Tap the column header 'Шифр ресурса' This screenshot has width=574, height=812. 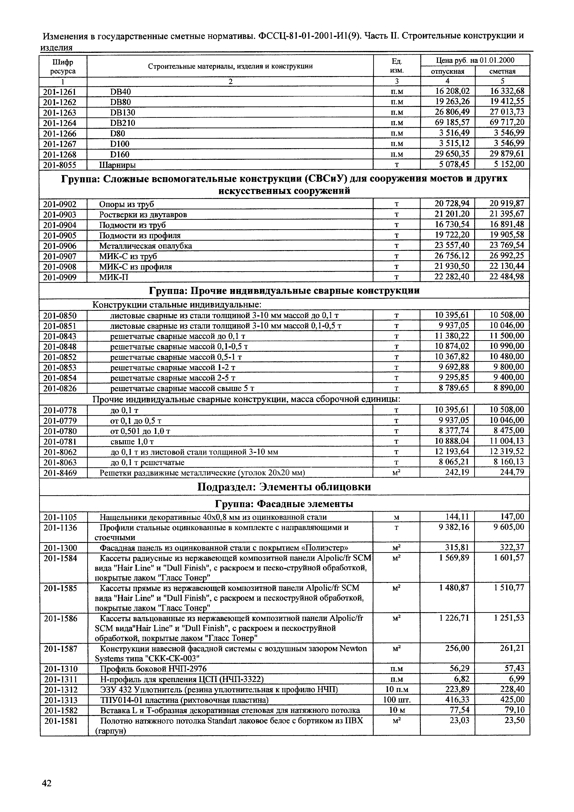63,66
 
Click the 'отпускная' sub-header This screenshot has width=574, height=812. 447,71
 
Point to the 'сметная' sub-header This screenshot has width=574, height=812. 502,71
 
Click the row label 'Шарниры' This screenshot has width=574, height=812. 117,165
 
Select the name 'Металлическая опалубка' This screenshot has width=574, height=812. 145,246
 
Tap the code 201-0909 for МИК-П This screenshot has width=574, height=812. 60,277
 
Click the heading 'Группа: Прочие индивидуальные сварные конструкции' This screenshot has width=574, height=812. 284,291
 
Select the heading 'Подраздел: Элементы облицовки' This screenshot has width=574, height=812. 284,487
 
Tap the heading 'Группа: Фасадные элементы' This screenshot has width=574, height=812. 284,504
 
